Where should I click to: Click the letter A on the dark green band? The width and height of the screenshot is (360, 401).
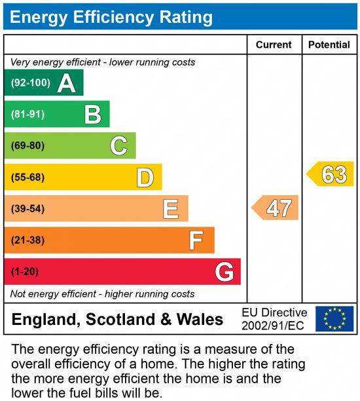66,83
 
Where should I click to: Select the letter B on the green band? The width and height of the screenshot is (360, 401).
93,115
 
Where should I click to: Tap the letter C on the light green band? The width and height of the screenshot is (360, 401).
118,145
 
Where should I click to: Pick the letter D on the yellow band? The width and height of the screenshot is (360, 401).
145,177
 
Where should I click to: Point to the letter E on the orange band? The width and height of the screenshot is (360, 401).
171,209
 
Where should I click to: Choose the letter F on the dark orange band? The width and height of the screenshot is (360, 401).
196,240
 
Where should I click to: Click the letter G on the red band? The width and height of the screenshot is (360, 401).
225,271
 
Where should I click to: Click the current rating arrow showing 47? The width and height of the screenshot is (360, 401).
276,208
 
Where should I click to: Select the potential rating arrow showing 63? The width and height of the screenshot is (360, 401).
331,174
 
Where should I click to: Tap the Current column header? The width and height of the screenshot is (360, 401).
274,45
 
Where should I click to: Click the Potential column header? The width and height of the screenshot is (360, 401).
329,45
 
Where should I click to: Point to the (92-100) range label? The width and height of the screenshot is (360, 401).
30,83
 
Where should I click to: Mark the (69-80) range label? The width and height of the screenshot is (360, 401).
27,145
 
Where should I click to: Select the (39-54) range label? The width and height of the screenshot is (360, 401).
27,209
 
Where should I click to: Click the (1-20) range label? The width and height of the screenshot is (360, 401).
25,271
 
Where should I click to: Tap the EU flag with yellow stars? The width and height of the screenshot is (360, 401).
334,319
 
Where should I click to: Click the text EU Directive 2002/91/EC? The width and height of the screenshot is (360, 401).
274,319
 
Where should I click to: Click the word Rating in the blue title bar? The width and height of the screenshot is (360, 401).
181,16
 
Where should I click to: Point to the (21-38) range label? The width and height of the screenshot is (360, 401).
27,240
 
